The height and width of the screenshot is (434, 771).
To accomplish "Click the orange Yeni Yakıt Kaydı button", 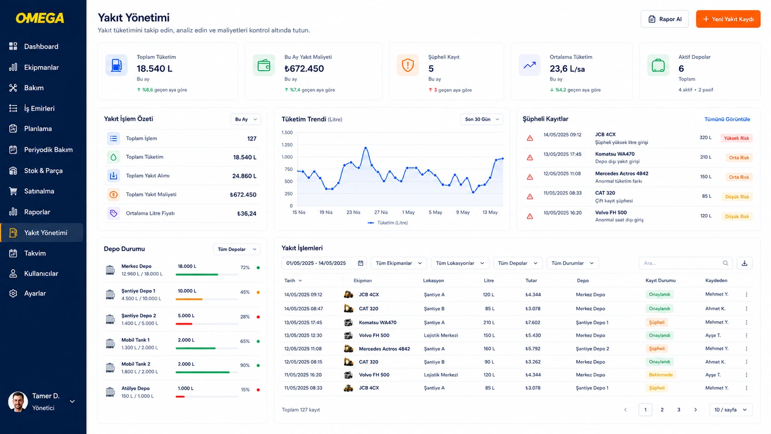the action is pyautogui.click(x=728, y=19).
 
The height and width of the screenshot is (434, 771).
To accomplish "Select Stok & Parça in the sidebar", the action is pyautogui.click(x=43, y=171).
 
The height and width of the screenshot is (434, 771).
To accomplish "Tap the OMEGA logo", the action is pyautogui.click(x=40, y=18).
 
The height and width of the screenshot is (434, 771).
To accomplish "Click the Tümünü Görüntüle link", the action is pyautogui.click(x=727, y=119).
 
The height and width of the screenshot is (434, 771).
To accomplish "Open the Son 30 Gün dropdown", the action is pyautogui.click(x=481, y=119).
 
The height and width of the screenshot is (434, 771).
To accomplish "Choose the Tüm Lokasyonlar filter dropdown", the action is pyautogui.click(x=459, y=263).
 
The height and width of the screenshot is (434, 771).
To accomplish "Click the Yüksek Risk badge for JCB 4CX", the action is pyautogui.click(x=736, y=138).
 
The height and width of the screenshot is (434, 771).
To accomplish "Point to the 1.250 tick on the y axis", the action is pyautogui.click(x=287, y=145).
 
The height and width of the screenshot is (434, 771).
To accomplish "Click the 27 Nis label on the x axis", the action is pyautogui.click(x=381, y=212).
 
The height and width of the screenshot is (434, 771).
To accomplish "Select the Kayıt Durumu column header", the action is pyautogui.click(x=660, y=280).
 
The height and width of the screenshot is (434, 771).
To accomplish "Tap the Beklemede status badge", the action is pyautogui.click(x=660, y=375).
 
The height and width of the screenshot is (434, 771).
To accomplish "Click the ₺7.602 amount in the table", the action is pyautogui.click(x=533, y=322).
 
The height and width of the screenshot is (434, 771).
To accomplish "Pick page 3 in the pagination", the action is pyautogui.click(x=679, y=410).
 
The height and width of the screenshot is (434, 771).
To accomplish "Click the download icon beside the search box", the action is pyautogui.click(x=745, y=263).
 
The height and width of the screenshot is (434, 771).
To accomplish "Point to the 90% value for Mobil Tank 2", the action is pyautogui.click(x=245, y=365).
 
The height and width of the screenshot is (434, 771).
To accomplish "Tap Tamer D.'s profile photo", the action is pyautogui.click(x=18, y=402).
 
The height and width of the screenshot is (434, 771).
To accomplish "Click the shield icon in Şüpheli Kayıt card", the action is pyautogui.click(x=408, y=65).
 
